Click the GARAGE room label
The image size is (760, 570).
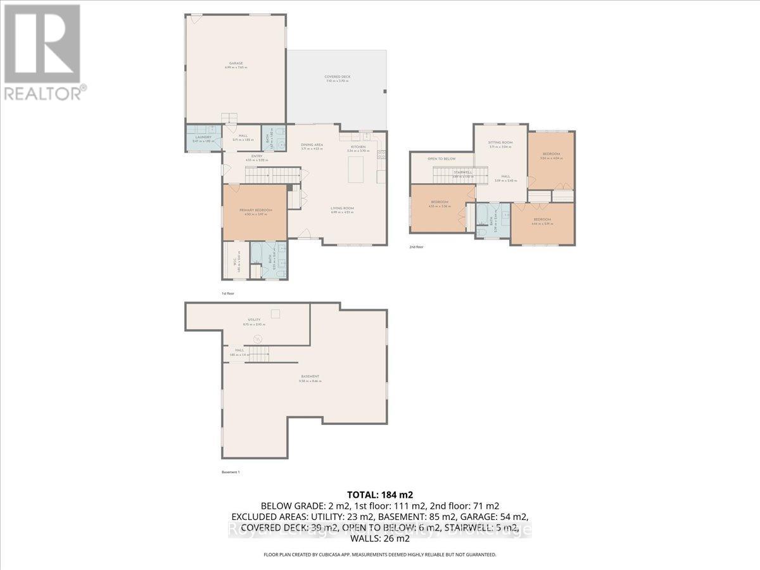click(x=236, y=63)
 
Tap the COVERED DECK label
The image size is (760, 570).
click(x=338, y=77)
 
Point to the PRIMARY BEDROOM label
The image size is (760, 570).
click(x=255, y=210)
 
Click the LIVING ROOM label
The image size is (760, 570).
click(x=342, y=208)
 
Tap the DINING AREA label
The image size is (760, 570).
click(x=312, y=145)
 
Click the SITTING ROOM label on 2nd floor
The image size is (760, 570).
click(x=500, y=143)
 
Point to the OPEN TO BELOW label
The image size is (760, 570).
click(x=441, y=159)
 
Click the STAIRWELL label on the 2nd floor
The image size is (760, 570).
click(x=463, y=172)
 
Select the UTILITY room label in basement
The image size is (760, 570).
click(x=254, y=320)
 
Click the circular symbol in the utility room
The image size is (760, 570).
click(x=258, y=339)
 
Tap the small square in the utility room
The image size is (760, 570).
click(x=275, y=313)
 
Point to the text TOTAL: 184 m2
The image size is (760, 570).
click(x=380, y=494)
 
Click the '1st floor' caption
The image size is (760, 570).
click(x=227, y=294)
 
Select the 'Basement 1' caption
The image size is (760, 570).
click(x=231, y=472)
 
